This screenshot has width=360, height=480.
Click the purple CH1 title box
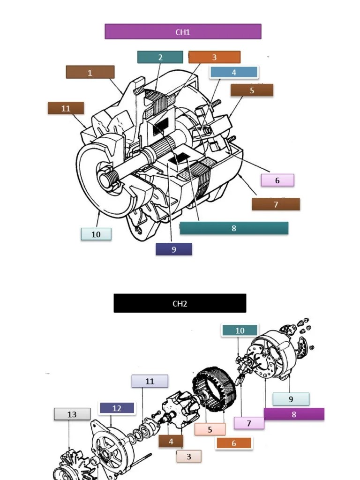point(183,32)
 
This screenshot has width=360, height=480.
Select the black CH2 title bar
point(180,303)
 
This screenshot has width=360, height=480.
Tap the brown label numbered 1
point(90,72)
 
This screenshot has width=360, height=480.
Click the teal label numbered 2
point(160,57)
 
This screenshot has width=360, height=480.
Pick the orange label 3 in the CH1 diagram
point(214,57)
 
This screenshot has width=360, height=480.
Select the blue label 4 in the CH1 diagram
point(234,72)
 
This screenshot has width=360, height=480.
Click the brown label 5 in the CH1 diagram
point(252,90)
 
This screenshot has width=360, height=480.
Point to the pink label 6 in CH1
point(277,180)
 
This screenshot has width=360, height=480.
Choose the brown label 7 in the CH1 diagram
point(276,204)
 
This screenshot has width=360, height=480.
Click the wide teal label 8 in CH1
point(234,228)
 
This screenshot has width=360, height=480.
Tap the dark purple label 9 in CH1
point(173,249)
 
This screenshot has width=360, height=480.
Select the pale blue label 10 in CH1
point(96,234)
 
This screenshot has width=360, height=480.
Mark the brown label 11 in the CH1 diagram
point(66,108)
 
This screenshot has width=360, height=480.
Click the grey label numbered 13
point(72,414)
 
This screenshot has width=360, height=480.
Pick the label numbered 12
point(117,408)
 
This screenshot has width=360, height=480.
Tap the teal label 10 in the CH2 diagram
point(240,330)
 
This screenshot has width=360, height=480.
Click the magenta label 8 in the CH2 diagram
point(294,414)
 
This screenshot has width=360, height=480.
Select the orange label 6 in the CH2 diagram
point(234,443)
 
